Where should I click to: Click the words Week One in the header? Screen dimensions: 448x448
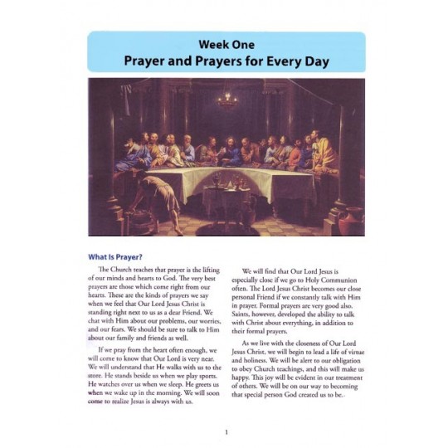(226, 45)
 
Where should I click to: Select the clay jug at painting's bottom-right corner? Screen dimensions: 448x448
(352, 222)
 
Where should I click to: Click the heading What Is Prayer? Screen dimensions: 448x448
(119, 256)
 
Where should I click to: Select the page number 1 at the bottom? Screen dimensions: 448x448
(226, 430)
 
